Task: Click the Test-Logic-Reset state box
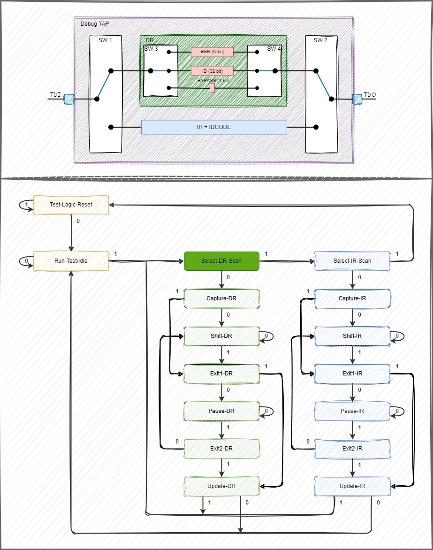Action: (x=71, y=205)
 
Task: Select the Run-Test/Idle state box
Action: (x=71, y=261)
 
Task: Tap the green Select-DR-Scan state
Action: (x=221, y=261)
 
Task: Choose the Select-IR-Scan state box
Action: (x=352, y=261)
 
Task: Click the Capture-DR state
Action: (x=221, y=298)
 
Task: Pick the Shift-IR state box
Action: (x=352, y=336)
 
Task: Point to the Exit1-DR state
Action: (x=221, y=374)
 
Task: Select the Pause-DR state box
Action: (x=221, y=411)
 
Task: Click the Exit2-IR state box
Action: (x=352, y=449)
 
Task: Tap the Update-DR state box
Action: (x=221, y=486)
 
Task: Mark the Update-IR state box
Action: (x=352, y=486)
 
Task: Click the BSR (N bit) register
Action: (x=212, y=51)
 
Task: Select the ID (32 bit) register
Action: (x=212, y=71)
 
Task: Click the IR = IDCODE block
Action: (x=214, y=127)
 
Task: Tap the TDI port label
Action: (x=55, y=95)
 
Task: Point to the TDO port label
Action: (x=370, y=95)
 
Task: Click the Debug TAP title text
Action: (x=95, y=23)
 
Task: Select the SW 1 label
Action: (x=105, y=40)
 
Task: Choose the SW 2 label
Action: (x=320, y=40)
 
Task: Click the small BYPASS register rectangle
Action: (x=212, y=88)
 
